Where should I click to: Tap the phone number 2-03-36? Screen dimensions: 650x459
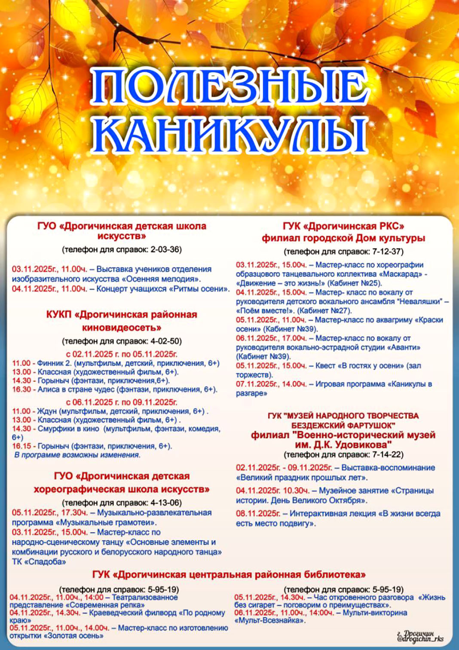pyautogui.click(x=166, y=250)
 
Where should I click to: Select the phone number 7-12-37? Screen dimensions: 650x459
pyautogui.click(x=388, y=251)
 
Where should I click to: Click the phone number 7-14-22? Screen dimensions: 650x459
pyautogui.click(x=388, y=454)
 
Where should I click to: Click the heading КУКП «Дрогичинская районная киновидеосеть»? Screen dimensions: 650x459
pyautogui.click(x=122, y=321)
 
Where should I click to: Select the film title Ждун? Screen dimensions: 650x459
pyautogui.click(x=46, y=411)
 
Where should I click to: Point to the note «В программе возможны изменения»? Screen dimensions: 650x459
pyautogui.click(x=77, y=455)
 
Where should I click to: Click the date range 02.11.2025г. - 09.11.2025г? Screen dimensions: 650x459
pyautogui.click(x=284, y=468)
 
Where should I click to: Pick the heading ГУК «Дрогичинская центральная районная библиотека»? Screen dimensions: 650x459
pyautogui.click(x=229, y=575)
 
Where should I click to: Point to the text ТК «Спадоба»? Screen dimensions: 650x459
pyautogui.click(x=39, y=561)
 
